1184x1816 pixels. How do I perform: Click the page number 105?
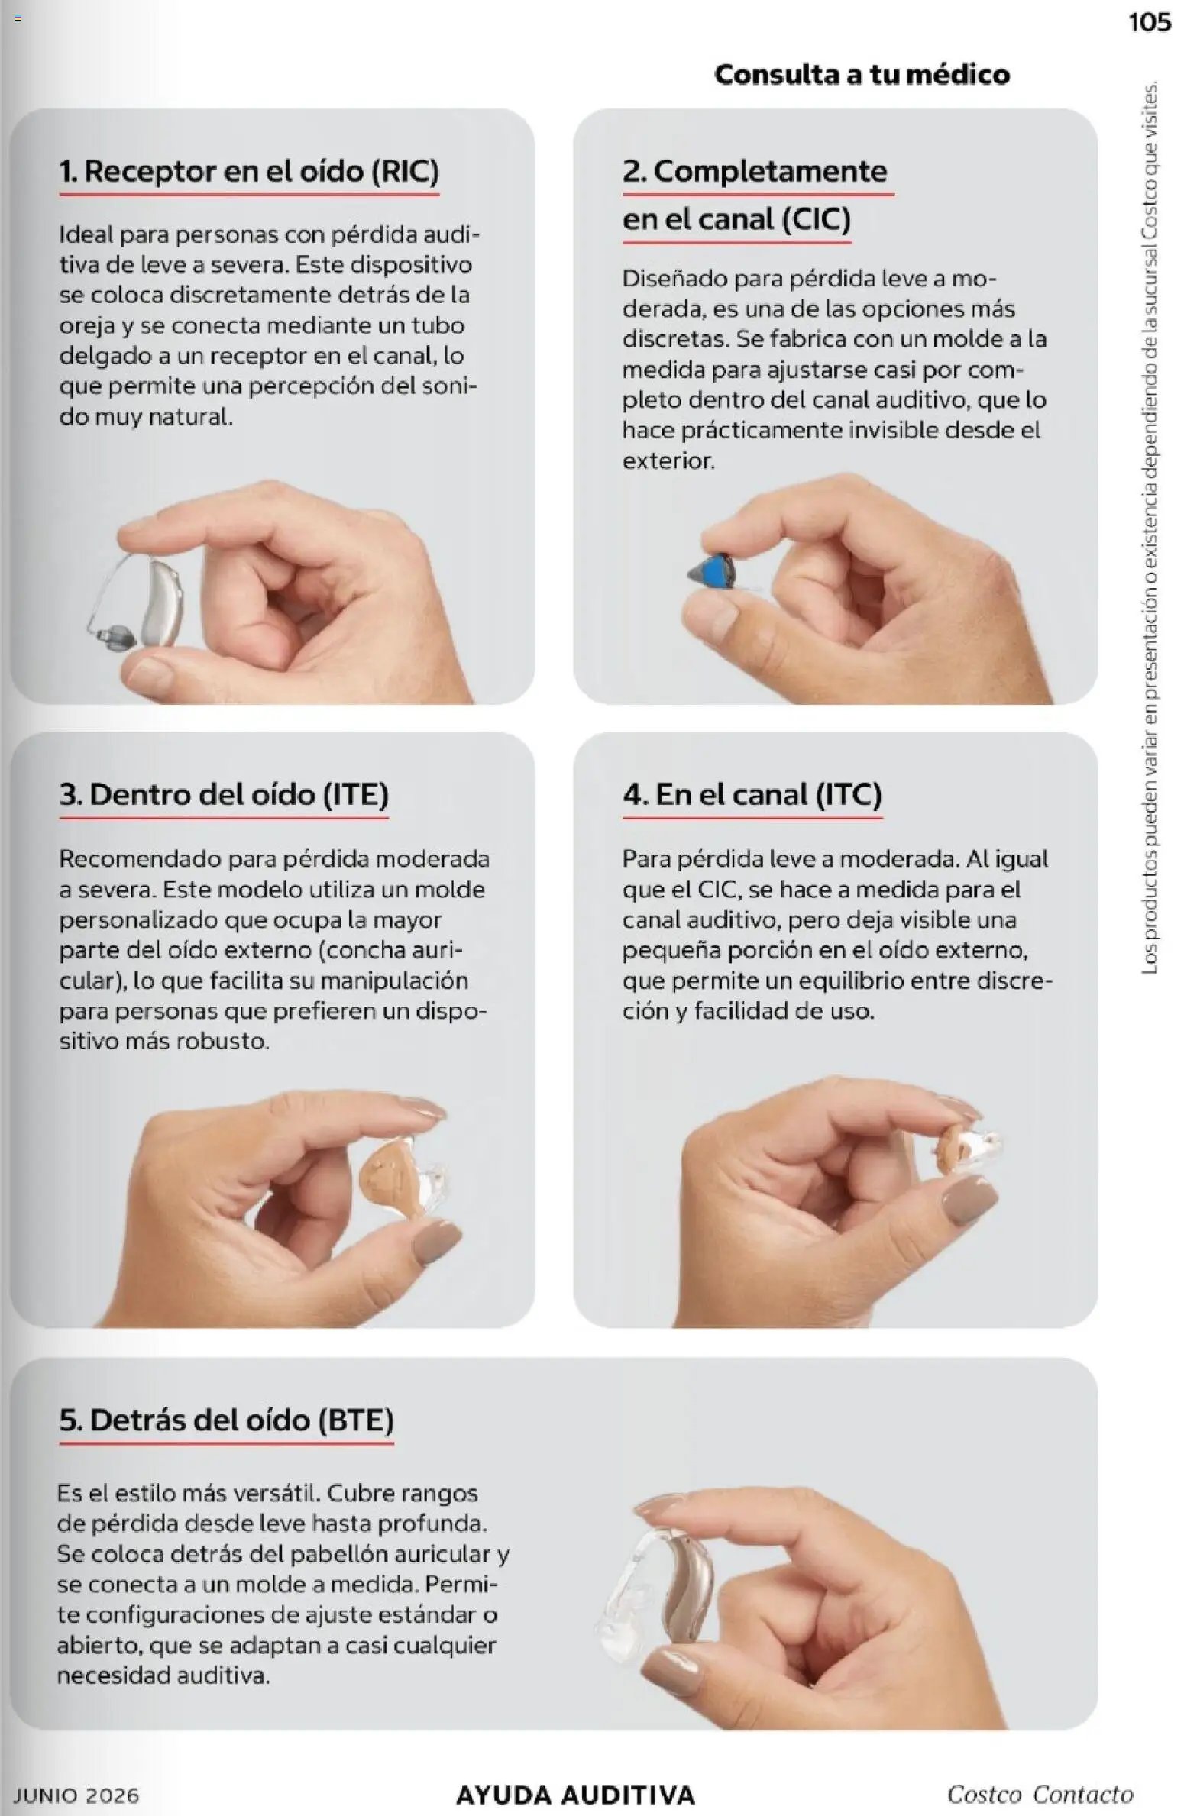(x=1149, y=22)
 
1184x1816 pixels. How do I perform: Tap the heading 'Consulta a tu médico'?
(x=862, y=74)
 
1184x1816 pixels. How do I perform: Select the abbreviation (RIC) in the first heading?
(x=405, y=171)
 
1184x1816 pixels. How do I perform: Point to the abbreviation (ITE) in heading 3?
(x=355, y=795)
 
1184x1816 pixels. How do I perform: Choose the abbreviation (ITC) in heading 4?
(x=849, y=795)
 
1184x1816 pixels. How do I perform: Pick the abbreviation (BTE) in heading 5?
(x=359, y=1420)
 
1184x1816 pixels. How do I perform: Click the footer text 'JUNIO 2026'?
(x=76, y=1794)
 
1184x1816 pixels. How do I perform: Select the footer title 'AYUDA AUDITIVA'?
(x=575, y=1794)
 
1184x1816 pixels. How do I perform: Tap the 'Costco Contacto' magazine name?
(x=1040, y=1793)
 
